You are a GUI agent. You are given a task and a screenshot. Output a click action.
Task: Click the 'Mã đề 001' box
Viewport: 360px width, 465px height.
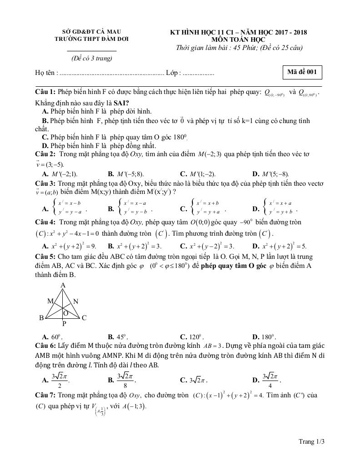coord(302,72)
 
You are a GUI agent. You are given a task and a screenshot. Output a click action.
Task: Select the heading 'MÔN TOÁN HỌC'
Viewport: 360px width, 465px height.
coord(238,40)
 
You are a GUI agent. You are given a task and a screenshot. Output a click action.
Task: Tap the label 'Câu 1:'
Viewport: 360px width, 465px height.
coord(45,92)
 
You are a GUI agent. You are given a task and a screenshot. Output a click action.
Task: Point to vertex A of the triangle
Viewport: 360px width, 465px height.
coord(63,285)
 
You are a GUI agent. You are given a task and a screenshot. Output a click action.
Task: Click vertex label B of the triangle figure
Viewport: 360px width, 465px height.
coord(41,318)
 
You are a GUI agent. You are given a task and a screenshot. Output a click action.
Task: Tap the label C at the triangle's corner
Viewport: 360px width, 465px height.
coord(84,318)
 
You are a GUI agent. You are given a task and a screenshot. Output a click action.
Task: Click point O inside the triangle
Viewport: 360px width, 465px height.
coord(65,313)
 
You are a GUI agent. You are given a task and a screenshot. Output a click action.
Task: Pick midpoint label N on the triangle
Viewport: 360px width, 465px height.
coord(75,301)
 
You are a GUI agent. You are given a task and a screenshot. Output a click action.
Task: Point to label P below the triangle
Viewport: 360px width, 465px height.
coord(64,324)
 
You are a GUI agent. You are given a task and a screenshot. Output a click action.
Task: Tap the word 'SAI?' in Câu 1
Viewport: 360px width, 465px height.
coord(121,103)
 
